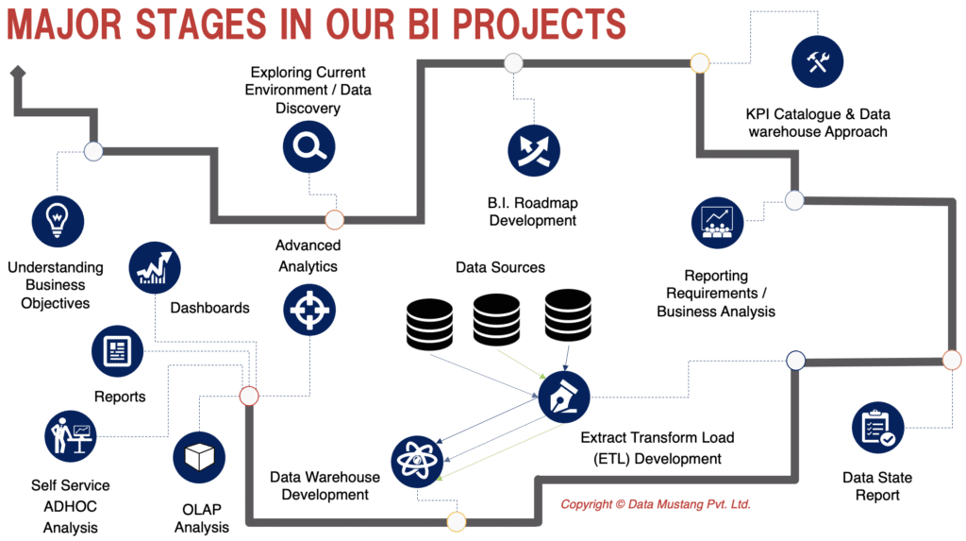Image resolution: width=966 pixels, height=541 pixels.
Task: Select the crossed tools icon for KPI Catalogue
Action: tap(817, 62)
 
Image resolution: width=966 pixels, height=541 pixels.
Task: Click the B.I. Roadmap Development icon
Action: tap(533, 150)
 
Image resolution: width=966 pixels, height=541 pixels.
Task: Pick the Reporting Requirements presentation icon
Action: tap(717, 224)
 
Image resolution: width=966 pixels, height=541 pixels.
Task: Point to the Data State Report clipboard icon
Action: tap(877, 428)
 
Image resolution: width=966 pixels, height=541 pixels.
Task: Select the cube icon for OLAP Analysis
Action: tap(199, 458)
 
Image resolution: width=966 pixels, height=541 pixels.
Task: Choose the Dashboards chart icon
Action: tap(155, 268)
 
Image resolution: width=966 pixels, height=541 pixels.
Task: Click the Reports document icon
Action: tap(117, 351)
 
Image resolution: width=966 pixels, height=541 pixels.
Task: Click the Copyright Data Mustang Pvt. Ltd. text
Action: tap(656, 505)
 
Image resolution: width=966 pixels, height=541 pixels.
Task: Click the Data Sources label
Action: tap(500, 267)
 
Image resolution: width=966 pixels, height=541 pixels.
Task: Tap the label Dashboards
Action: tap(209, 308)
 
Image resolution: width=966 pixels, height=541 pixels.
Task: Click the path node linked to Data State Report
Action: tap(951, 360)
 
